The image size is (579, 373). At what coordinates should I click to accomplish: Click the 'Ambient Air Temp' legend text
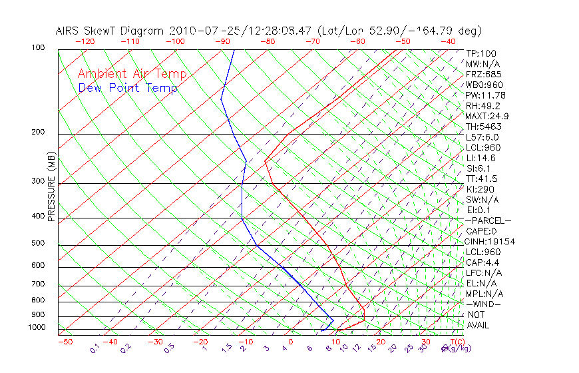132,74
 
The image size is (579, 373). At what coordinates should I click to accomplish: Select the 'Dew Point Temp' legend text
128,88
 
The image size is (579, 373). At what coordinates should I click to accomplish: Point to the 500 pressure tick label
39,243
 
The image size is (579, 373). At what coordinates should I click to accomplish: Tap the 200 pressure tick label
39,132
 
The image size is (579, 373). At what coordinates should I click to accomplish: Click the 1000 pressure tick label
37,328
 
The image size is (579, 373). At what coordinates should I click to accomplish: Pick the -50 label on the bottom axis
65,342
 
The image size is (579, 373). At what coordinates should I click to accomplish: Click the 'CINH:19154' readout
490,241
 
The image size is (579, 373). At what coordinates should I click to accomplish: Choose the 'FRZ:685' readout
484,74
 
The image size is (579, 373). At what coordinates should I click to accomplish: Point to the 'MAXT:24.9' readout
488,116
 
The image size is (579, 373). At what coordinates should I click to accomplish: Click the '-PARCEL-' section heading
488,220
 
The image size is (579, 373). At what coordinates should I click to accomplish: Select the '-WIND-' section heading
484,304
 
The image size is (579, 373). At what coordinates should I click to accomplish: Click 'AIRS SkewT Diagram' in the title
110,31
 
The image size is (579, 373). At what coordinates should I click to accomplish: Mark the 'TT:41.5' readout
482,179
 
